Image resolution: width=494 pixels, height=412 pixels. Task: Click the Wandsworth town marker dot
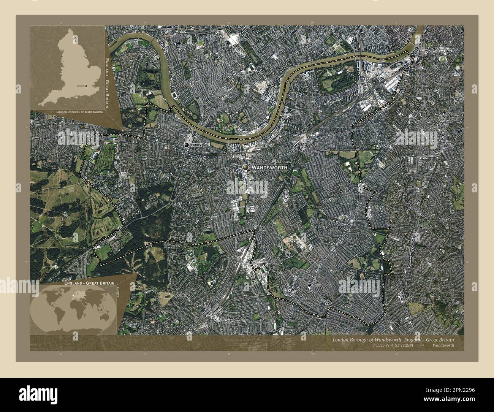tap(246, 167)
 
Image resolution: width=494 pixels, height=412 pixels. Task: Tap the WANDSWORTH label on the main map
tap(269, 167)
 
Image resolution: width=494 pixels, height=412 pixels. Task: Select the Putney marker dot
tap(187, 145)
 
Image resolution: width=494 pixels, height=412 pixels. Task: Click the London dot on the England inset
tap(86, 86)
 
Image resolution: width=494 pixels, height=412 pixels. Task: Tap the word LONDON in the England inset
tap(81, 86)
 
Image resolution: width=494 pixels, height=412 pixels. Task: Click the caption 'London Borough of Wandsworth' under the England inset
tap(79, 112)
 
